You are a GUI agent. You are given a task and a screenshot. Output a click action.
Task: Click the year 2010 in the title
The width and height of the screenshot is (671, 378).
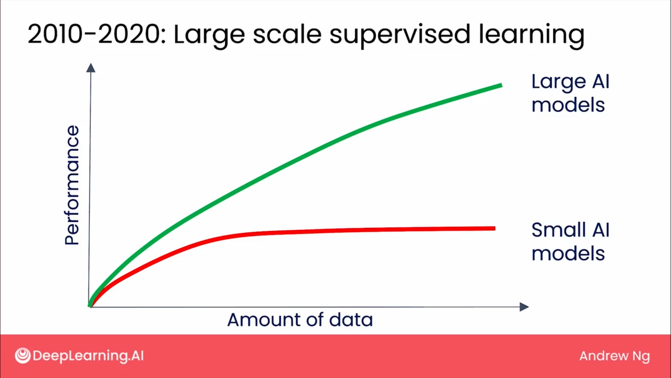[56, 35]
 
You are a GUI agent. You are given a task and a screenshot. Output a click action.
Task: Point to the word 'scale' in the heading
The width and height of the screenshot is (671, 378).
[287, 35]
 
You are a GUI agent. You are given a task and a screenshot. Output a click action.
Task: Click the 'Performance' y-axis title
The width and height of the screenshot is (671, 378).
[72, 185]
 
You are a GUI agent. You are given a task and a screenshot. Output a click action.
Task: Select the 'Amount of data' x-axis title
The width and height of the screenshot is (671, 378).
[300, 320]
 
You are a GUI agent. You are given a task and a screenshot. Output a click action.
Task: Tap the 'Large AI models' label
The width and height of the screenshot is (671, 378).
[570, 93]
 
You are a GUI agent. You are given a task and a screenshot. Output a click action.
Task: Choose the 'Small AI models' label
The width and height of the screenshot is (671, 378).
[570, 241]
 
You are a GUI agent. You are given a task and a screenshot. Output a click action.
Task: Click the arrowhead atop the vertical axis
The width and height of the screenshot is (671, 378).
[91, 68]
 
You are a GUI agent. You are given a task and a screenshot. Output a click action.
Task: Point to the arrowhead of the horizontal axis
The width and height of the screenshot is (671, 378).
[524, 307]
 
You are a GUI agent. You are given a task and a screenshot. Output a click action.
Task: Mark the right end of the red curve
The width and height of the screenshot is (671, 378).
[495, 228]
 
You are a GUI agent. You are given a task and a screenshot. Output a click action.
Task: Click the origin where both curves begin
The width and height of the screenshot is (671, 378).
[90, 306]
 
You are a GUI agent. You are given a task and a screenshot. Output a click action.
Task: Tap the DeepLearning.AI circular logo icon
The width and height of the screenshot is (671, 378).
[23, 356]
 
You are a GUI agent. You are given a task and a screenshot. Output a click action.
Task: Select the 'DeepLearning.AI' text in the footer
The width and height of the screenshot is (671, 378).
[88, 356]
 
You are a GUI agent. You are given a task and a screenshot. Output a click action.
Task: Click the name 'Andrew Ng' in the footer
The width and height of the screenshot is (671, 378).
[614, 356]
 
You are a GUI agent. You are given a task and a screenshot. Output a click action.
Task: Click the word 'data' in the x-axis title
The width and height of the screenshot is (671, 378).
[351, 320]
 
